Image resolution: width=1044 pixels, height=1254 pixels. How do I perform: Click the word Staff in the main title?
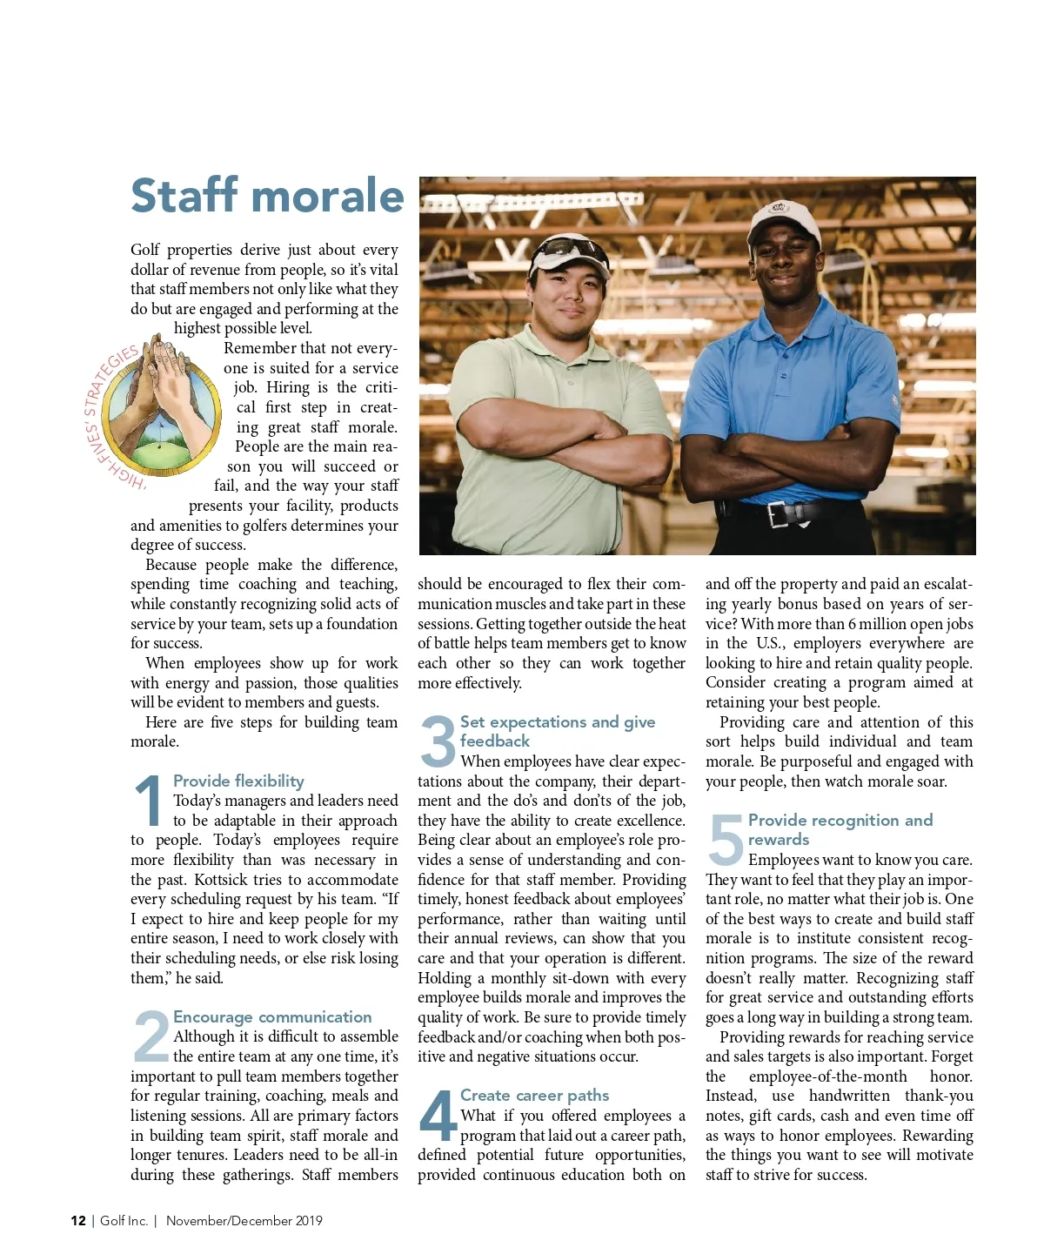click(184, 196)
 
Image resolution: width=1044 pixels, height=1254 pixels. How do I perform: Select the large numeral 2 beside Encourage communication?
click(151, 1036)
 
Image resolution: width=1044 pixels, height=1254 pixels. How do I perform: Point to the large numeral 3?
click(438, 741)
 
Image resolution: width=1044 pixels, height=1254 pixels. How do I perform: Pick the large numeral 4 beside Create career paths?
click(437, 1116)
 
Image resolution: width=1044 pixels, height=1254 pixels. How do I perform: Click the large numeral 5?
click(725, 840)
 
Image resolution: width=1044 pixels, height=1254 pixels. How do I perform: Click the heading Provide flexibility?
click(238, 781)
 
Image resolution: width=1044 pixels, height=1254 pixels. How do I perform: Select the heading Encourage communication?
click(272, 1016)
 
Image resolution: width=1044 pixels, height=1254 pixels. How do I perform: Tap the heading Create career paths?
click(534, 1095)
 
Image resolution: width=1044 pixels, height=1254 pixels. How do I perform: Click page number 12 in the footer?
click(78, 1220)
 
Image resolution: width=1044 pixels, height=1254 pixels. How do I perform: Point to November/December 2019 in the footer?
click(244, 1220)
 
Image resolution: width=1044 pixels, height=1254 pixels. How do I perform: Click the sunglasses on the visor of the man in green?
click(570, 251)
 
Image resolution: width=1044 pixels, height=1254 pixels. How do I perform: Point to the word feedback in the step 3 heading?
click(494, 741)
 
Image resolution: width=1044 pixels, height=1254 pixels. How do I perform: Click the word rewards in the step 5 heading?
click(778, 839)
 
